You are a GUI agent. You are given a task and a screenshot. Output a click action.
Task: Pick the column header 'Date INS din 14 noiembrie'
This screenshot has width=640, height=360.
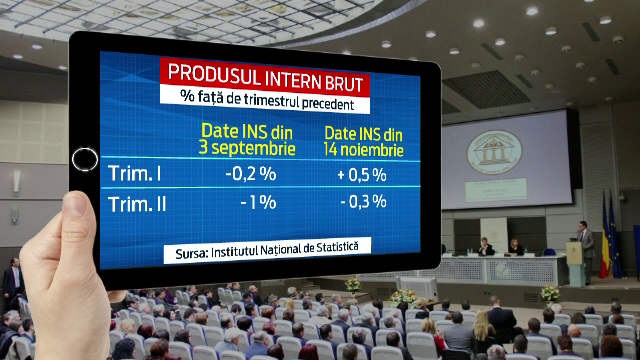pos(364,142)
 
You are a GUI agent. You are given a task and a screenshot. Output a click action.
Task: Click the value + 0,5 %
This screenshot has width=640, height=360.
pos(362,174)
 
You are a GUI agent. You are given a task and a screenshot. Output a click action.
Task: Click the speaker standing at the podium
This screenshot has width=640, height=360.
pos(586,249)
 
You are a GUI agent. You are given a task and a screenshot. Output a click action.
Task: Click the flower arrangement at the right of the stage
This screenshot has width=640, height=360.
pos(549,292)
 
